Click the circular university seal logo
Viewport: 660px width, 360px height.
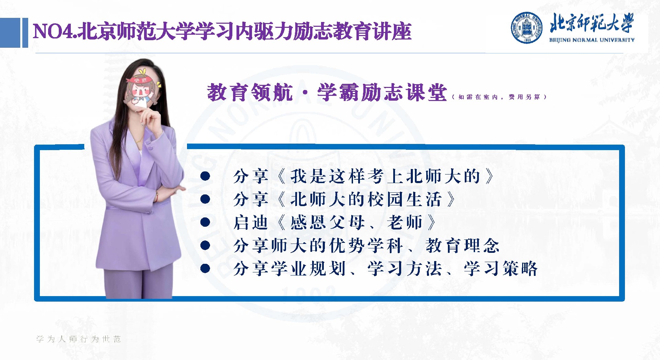click(527, 28)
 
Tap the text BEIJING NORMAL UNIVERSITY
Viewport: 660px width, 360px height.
click(592, 40)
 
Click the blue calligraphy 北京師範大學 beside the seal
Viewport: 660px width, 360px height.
click(591, 23)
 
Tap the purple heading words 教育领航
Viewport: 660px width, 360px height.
click(250, 92)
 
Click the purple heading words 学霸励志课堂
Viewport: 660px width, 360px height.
click(382, 92)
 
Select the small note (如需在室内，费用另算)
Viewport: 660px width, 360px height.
click(499, 97)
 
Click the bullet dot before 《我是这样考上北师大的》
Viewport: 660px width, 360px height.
click(205, 176)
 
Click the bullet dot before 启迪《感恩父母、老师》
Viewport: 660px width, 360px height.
click(205, 222)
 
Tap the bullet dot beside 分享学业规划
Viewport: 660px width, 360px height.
click(205, 268)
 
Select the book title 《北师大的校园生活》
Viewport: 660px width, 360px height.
click(366, 199)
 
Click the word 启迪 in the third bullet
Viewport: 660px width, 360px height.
click(251, 222)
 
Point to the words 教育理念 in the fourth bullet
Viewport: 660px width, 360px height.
click(462, 246)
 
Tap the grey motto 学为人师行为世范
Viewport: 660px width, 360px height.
click(79, 339)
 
